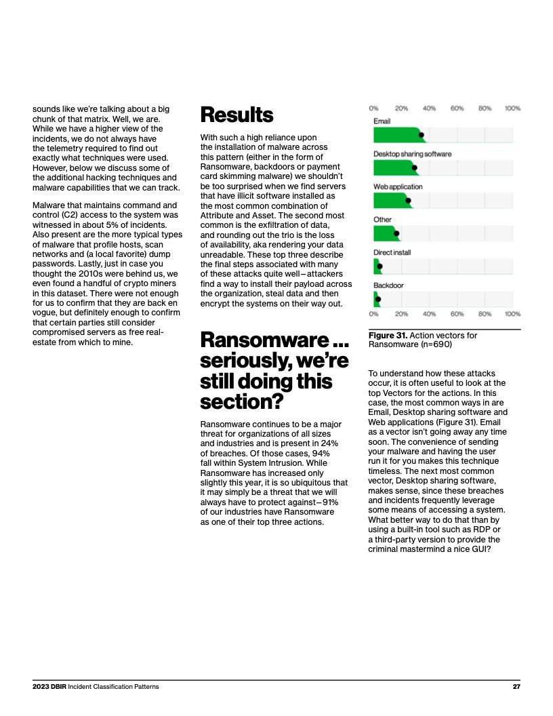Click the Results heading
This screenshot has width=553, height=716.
[237, 115]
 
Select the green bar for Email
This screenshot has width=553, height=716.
[397, 135]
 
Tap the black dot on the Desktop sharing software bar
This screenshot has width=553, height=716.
[415, 167]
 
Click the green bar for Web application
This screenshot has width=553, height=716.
[390, 200]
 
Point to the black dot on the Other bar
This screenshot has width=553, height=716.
[396, 233]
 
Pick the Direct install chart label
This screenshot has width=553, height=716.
[392, 253]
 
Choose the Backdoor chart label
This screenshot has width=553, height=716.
[388, 285]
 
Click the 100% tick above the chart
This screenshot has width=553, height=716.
[512, 108]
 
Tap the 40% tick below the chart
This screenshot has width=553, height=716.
[429, 314]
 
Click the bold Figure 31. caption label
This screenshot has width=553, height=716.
[388, 336]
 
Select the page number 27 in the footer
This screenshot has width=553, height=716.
[516, 687]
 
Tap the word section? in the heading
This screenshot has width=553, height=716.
[241, 401]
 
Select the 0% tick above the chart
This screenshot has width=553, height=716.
[373, 108]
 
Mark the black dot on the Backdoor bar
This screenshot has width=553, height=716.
[378, 299]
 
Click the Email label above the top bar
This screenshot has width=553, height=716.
[382, 121]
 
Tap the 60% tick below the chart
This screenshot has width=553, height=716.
[457, 314]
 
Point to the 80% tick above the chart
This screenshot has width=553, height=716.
[485, 108]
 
